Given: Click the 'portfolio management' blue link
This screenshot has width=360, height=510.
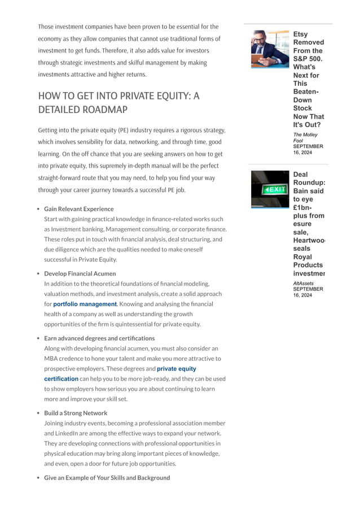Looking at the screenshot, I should coord(85,304).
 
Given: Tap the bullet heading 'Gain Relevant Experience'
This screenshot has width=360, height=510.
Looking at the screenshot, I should coord(78,209).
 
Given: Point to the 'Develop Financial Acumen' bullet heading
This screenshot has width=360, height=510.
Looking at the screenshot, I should coord(80,273).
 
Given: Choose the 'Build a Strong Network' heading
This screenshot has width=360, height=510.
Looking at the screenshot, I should coord(76,413).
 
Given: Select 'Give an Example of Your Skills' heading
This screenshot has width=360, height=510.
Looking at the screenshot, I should coord(107,478).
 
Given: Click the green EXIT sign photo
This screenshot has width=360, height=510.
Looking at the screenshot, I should coord(270,189).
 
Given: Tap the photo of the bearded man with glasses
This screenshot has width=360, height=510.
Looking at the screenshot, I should coord(270,49).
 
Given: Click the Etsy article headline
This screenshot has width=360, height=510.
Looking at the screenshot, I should coord(308,79).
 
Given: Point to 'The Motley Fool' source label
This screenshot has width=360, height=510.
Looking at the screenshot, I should coord(305,137).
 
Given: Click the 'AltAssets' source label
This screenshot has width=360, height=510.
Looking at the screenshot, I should coord(303,283).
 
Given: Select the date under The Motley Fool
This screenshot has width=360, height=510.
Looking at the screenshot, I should coord(308,149).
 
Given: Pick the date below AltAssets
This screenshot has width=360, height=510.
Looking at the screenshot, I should coord(308,292).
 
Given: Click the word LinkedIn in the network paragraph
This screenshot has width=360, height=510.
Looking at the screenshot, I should coord(57,433).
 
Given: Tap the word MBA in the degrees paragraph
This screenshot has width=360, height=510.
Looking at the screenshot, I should coord(52,359).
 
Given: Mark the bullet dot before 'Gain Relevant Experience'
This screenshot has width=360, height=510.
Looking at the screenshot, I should coord(38,209).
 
